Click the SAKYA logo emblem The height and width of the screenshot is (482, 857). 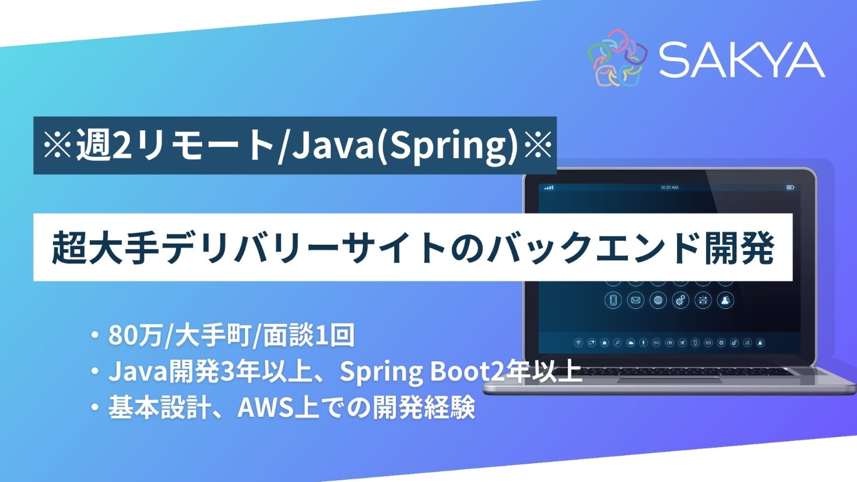tap(617, 58)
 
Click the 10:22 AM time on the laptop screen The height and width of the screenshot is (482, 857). tap(669, 188)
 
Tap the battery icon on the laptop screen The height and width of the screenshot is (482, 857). tap(790, 188)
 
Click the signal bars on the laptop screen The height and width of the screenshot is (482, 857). tap(549, 188)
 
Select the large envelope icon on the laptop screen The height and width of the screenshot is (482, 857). tap(635, 300)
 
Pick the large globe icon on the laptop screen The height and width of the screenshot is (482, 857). tap(658, 300)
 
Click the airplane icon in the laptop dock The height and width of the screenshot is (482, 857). tap(682, 343)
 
